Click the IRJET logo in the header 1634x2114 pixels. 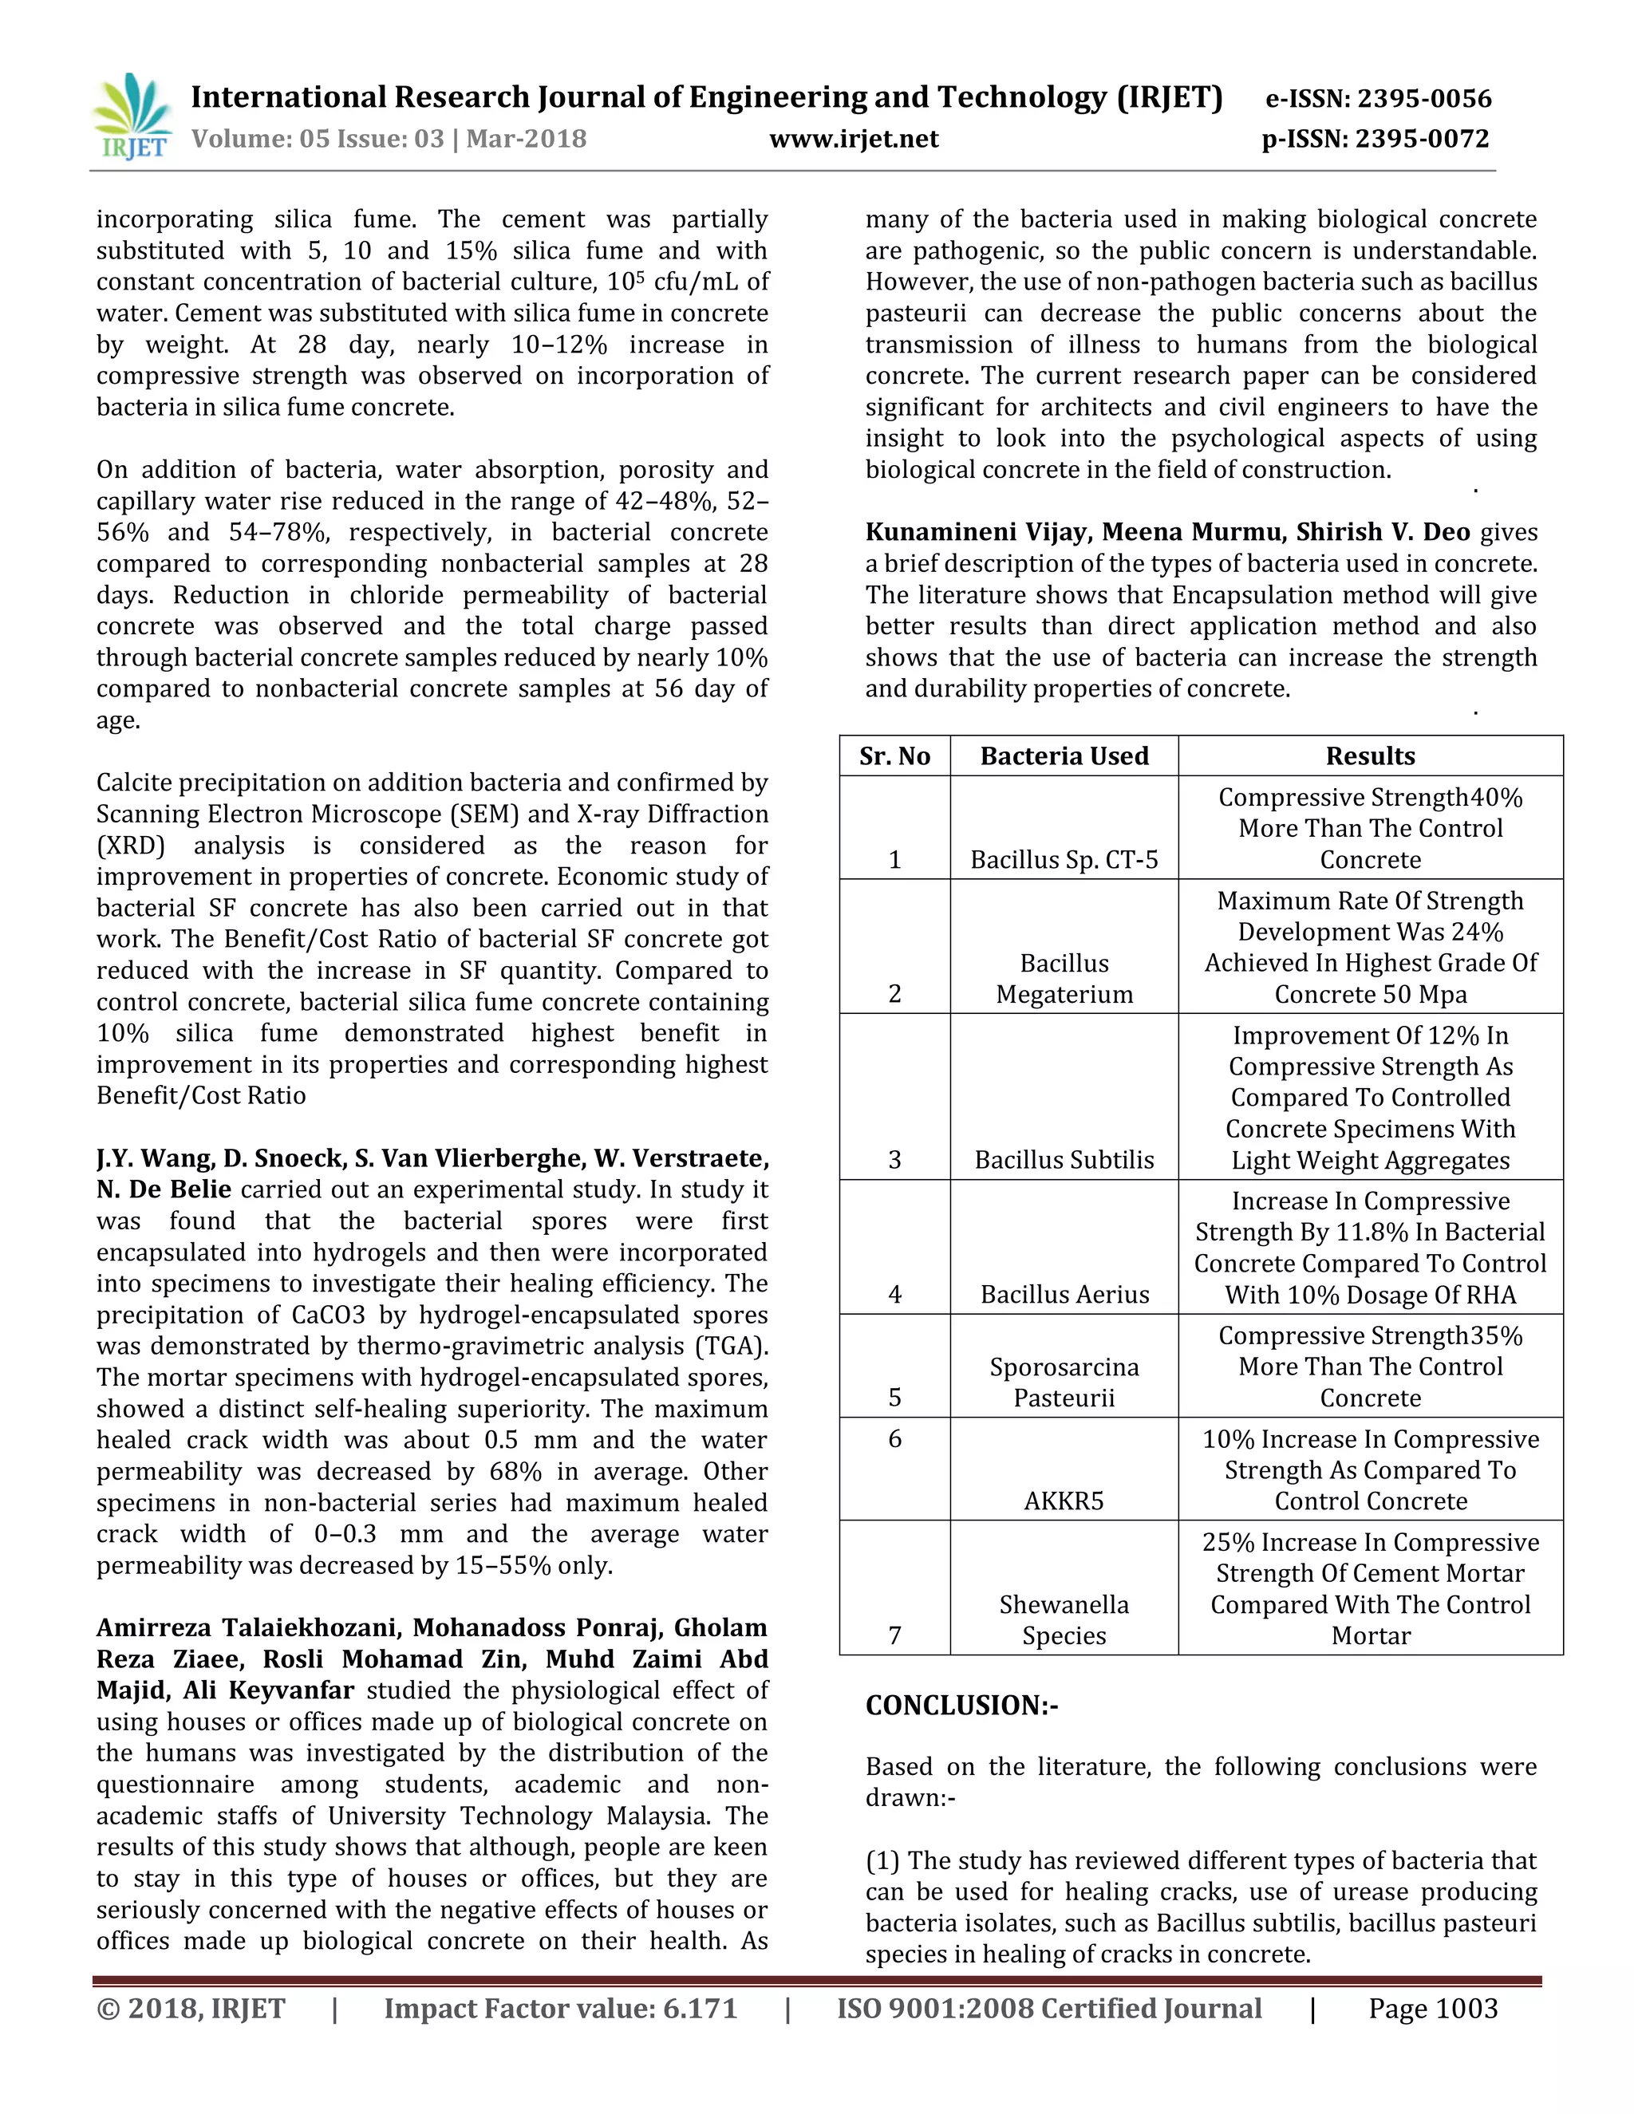point(132,116)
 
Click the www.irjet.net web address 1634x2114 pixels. point(854,140)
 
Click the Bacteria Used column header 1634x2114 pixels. point(1064,756)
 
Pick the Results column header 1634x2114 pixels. point(1370,756)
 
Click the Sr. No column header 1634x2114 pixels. point(894,756)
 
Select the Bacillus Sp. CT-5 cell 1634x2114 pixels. point(1064,859)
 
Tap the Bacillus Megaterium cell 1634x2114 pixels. point(1064,979)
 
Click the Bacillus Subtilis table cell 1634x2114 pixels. point(1064,1160)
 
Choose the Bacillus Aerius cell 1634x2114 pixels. point(1064,1294)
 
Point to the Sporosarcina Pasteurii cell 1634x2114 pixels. point(1064,1382)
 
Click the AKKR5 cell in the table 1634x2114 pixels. point(1064,1501)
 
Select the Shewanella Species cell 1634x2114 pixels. point(1064,1619)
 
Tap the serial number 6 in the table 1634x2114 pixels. point(894,1438)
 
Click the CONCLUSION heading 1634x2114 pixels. point(961,1705)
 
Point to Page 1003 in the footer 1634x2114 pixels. point(1433,2009)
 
